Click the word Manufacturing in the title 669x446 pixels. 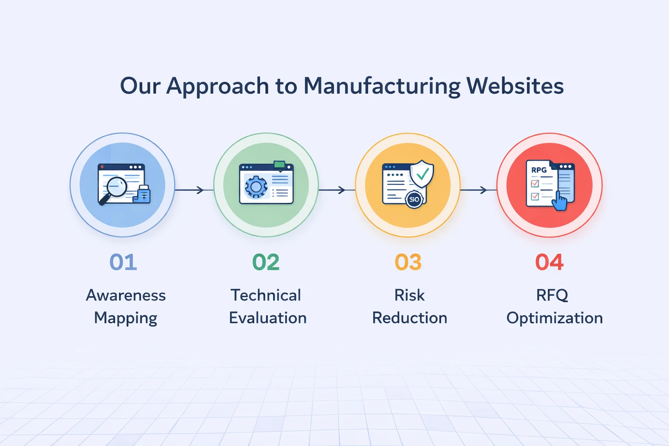(x=382, y=86)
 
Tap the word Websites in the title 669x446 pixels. (x=515, y=86)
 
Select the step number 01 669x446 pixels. (x=123, y=262)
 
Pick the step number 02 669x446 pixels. (x=266, y=262)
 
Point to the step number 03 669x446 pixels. (x=408, y=262)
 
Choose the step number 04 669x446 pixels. (x=549, y=262)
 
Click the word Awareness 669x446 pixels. (x=126, y=295)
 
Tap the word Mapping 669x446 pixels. (x=126, y=318)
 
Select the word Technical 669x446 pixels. (x=266, y=295)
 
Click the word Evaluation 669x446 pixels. (x=268, y=318)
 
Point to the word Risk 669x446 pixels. (x=409, y=295)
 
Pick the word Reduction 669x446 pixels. (x=409, y=318)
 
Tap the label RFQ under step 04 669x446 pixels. (x=552, y=295)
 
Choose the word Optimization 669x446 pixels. (x=554, y=318)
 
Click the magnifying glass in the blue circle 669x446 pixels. (x=115, y=189)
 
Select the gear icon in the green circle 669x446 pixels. (x=256, y=187)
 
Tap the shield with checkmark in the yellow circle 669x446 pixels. (x=422, y=173)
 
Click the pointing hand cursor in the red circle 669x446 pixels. (x=560, y=202)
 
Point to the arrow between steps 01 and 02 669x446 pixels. (x=189, y=190)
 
